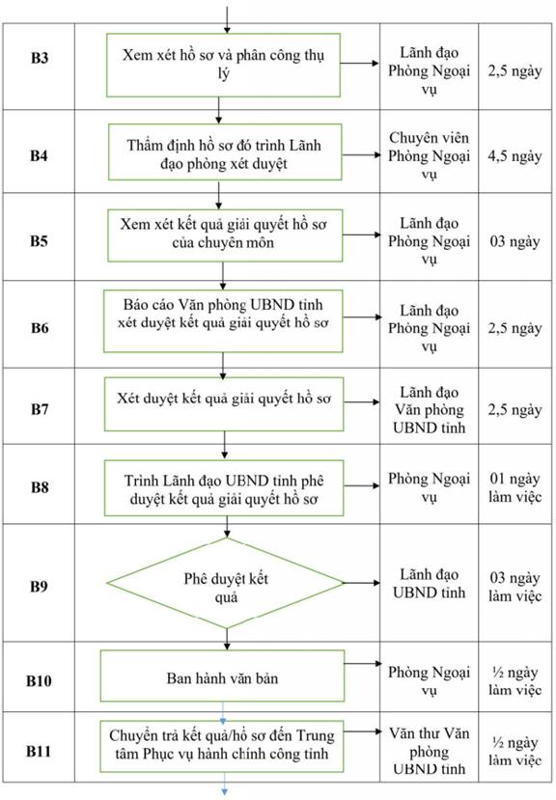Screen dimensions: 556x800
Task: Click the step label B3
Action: tap(40, 58)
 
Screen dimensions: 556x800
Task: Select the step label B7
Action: tap(40, 409)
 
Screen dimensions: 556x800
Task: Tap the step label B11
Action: tap(39, 751)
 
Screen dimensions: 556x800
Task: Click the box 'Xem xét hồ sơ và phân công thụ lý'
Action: tap(223, 65)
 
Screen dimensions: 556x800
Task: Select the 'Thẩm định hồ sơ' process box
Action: tap(225, 152)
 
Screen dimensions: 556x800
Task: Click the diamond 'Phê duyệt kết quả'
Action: tap(226, 583)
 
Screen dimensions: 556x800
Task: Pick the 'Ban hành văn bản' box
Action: tap(222, 676)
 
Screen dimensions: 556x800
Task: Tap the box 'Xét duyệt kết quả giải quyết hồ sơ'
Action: tap(224, 404)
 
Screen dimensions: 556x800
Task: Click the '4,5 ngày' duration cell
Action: tap(514, 155)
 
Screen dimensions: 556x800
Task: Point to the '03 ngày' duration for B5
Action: tap(514, 241)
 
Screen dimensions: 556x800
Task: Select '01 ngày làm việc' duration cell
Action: tap(514, 487)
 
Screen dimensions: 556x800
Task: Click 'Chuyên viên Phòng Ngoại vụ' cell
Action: tap(429, 155)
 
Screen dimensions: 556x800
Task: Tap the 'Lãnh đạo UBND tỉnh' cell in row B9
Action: tap(429, 584)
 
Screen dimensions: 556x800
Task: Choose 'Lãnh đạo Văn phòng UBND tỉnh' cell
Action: tap(429, 410)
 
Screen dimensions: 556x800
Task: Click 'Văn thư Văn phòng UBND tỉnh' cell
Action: tap(429, 751)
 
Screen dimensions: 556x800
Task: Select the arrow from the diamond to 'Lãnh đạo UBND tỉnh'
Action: tap(362, 583)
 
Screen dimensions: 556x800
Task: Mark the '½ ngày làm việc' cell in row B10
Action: tap(514, 681)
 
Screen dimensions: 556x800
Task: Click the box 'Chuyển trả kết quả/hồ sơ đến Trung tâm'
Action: tap(222, 746)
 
